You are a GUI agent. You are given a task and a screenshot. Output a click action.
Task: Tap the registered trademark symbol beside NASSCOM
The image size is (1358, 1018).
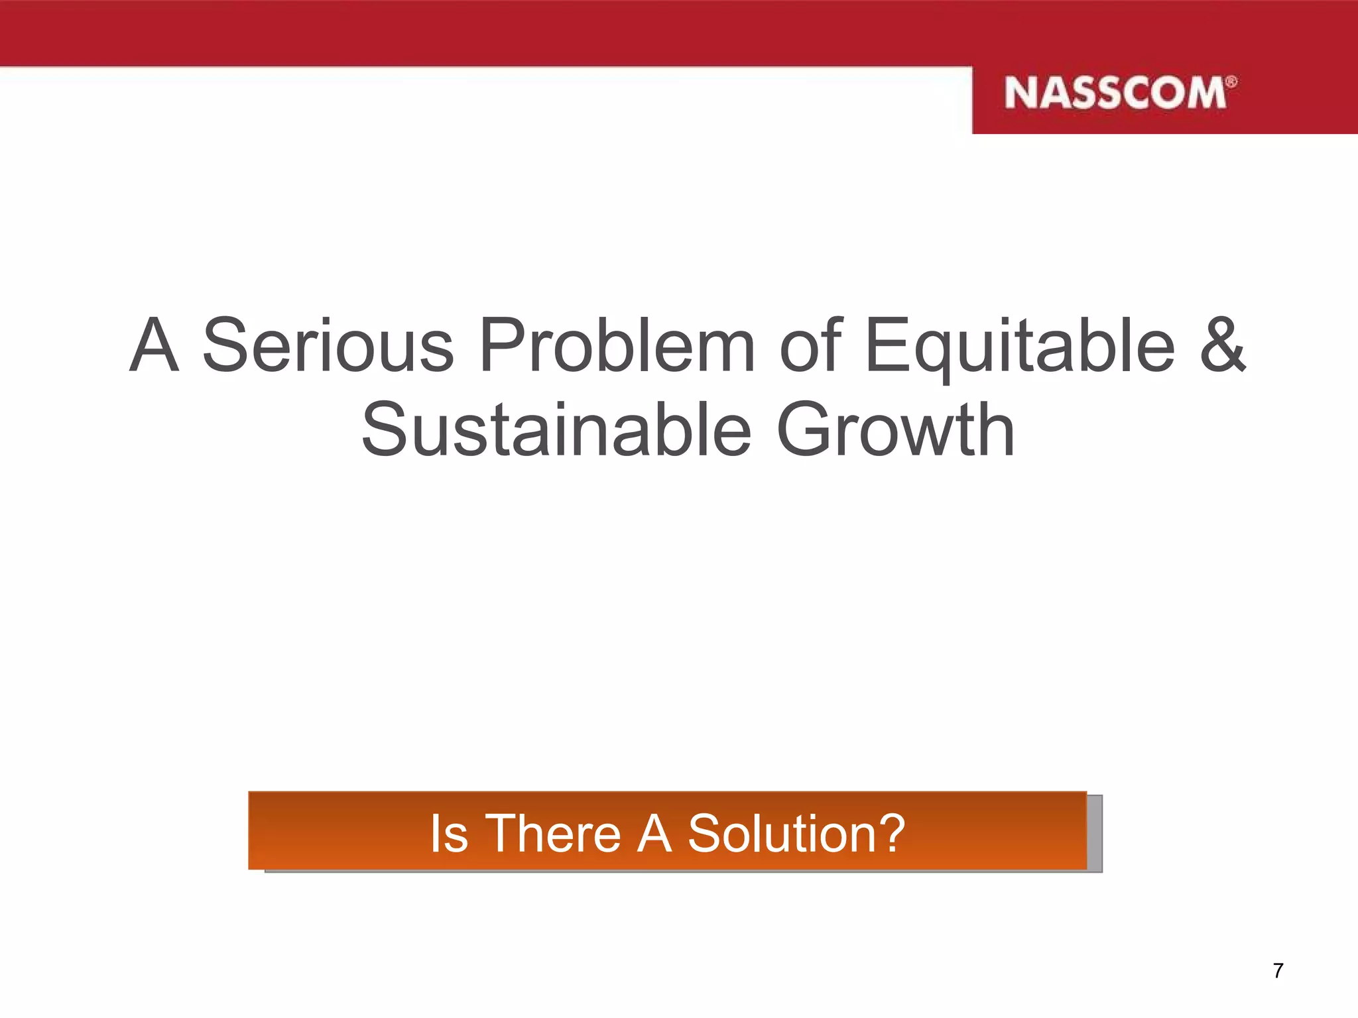point(1231,82)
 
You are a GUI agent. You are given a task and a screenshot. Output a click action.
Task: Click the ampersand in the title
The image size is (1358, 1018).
point(1222,345)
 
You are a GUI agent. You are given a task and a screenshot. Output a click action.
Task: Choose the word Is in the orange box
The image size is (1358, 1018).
point(449,833)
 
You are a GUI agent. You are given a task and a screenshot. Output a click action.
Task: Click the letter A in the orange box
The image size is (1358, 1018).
point(654,833)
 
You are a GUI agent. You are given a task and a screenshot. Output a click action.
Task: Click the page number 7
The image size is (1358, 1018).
point(1278,971)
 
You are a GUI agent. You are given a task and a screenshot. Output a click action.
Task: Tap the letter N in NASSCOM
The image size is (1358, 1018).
point(1020,93)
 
